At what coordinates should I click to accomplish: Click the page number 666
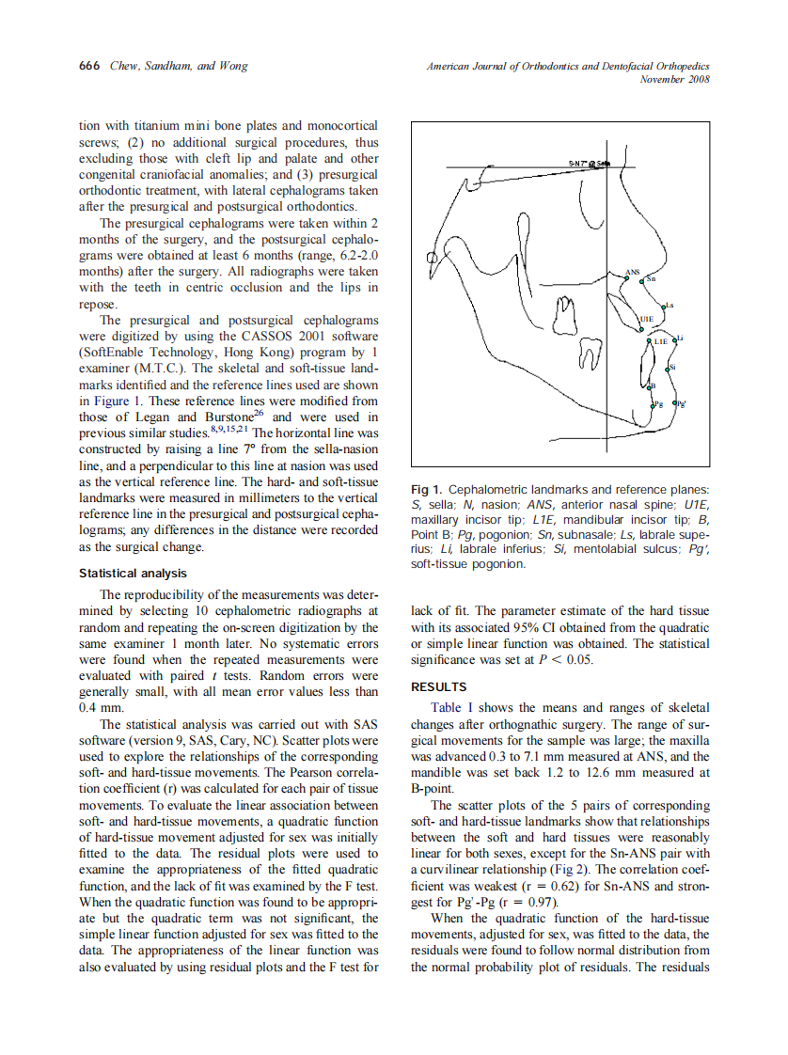click(87, 66)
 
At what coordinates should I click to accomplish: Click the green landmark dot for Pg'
click(674, 402)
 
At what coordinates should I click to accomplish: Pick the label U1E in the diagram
click(647, 319)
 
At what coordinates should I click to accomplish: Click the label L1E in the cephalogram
click(661, 341)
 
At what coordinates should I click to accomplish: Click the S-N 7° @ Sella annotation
click(590, 164)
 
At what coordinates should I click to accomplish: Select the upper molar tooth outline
click(564, 315)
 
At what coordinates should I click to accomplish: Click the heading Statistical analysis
click(133, 573)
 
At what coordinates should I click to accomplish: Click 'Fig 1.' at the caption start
click(427, 490)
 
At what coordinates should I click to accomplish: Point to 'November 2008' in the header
click(673, 79)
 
